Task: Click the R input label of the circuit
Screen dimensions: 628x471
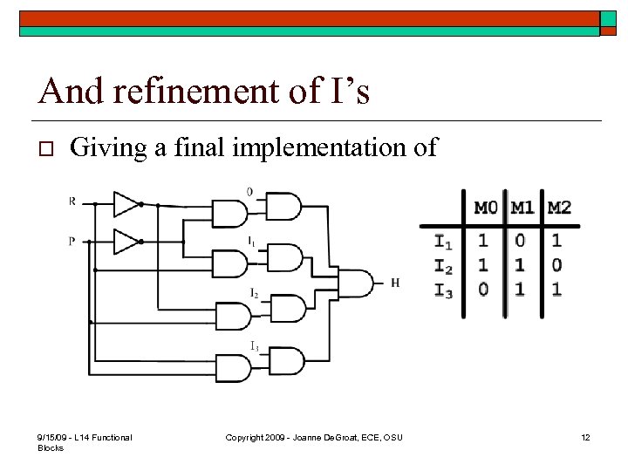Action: coord(72,202)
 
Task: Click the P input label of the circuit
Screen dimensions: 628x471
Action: coord(72,241)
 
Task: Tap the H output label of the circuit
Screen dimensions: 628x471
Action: coord(395,283)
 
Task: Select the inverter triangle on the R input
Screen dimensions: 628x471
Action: coord(127,204)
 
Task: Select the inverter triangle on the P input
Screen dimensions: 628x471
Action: coord(127,240)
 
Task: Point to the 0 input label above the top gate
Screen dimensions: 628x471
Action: coord(250,191)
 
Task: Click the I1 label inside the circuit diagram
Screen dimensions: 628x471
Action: coord(252,240)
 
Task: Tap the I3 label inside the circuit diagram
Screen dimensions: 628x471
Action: coord(254,346)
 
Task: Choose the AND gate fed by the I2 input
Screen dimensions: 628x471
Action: coord(288,307)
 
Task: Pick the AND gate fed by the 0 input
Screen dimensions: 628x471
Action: coord(283,207)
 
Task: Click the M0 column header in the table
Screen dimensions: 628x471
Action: coord(485,208)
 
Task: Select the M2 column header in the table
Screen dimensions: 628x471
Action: coord(558,208)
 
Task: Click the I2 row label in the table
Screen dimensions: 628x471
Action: coord(443,266)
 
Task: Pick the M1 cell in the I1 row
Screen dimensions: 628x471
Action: coord(521,240)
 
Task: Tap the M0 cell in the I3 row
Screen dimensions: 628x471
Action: coord(483,289)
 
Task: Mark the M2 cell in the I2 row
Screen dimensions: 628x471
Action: coord(556,264)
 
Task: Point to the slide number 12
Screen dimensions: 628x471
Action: coord(585,437)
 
